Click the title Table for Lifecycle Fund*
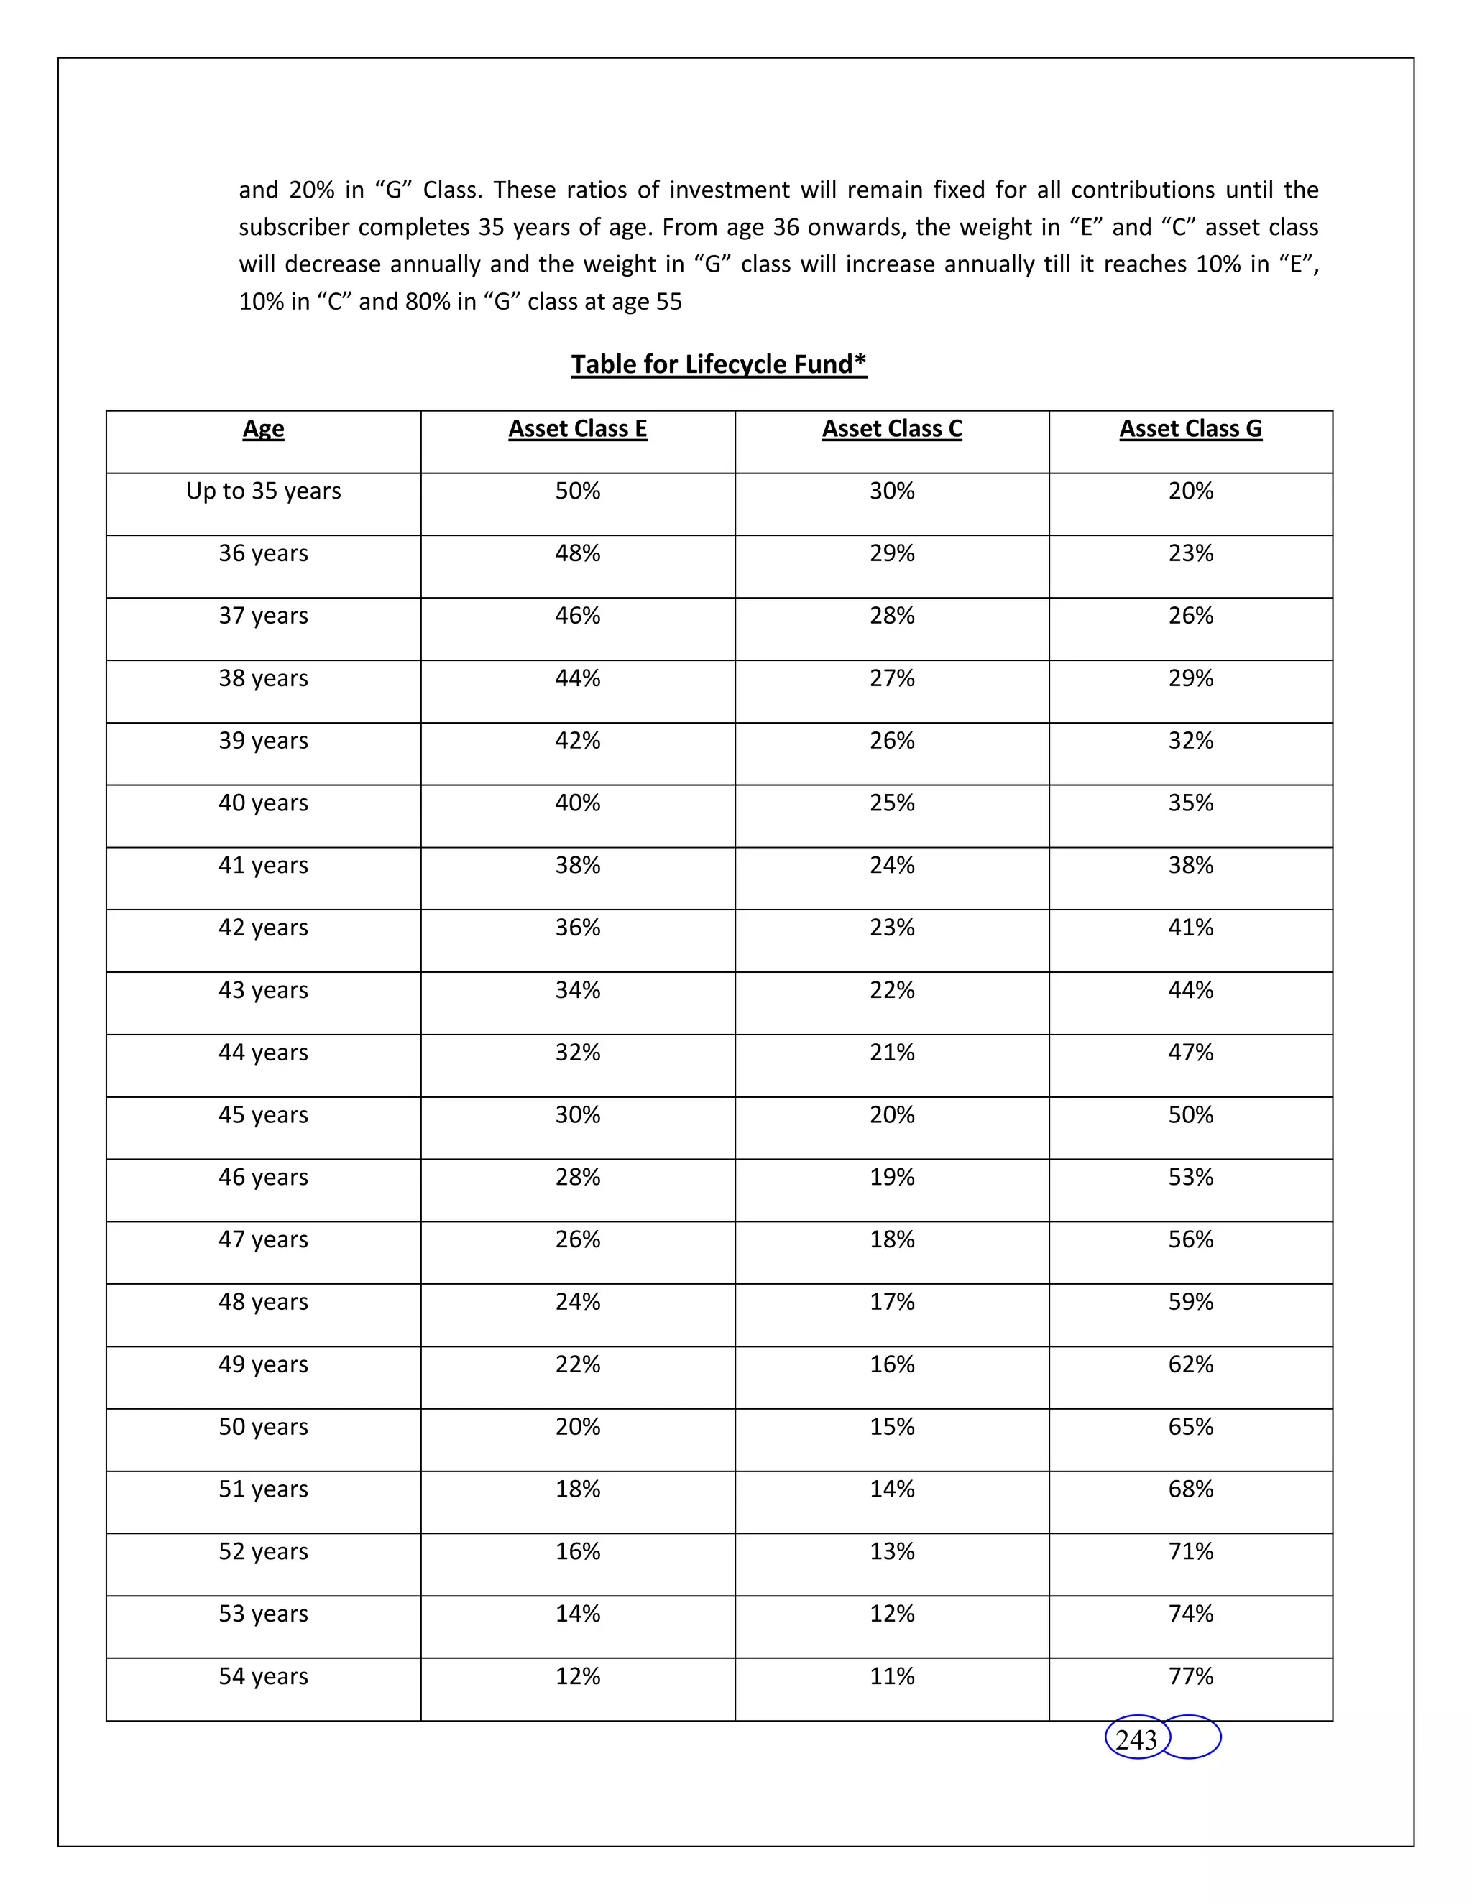tap(719, 364)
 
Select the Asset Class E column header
tap(577, 428)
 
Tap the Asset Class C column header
tap(891, 428)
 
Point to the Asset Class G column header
tap(1190, 428)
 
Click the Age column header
tap(263, 428)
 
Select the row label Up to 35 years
tap(263, 491)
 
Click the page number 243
tap(1136, 1739)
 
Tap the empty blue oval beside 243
tap(1193, 1737)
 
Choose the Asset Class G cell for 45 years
tap(1190, 1114)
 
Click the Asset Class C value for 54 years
tap(891, 1676)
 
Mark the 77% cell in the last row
tap(1190, 1676)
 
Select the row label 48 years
tap(263, 1302)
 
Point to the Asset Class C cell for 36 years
tap(891, 553)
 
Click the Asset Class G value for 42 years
tap(1190, 927)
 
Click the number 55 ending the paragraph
tap(669, 302)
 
